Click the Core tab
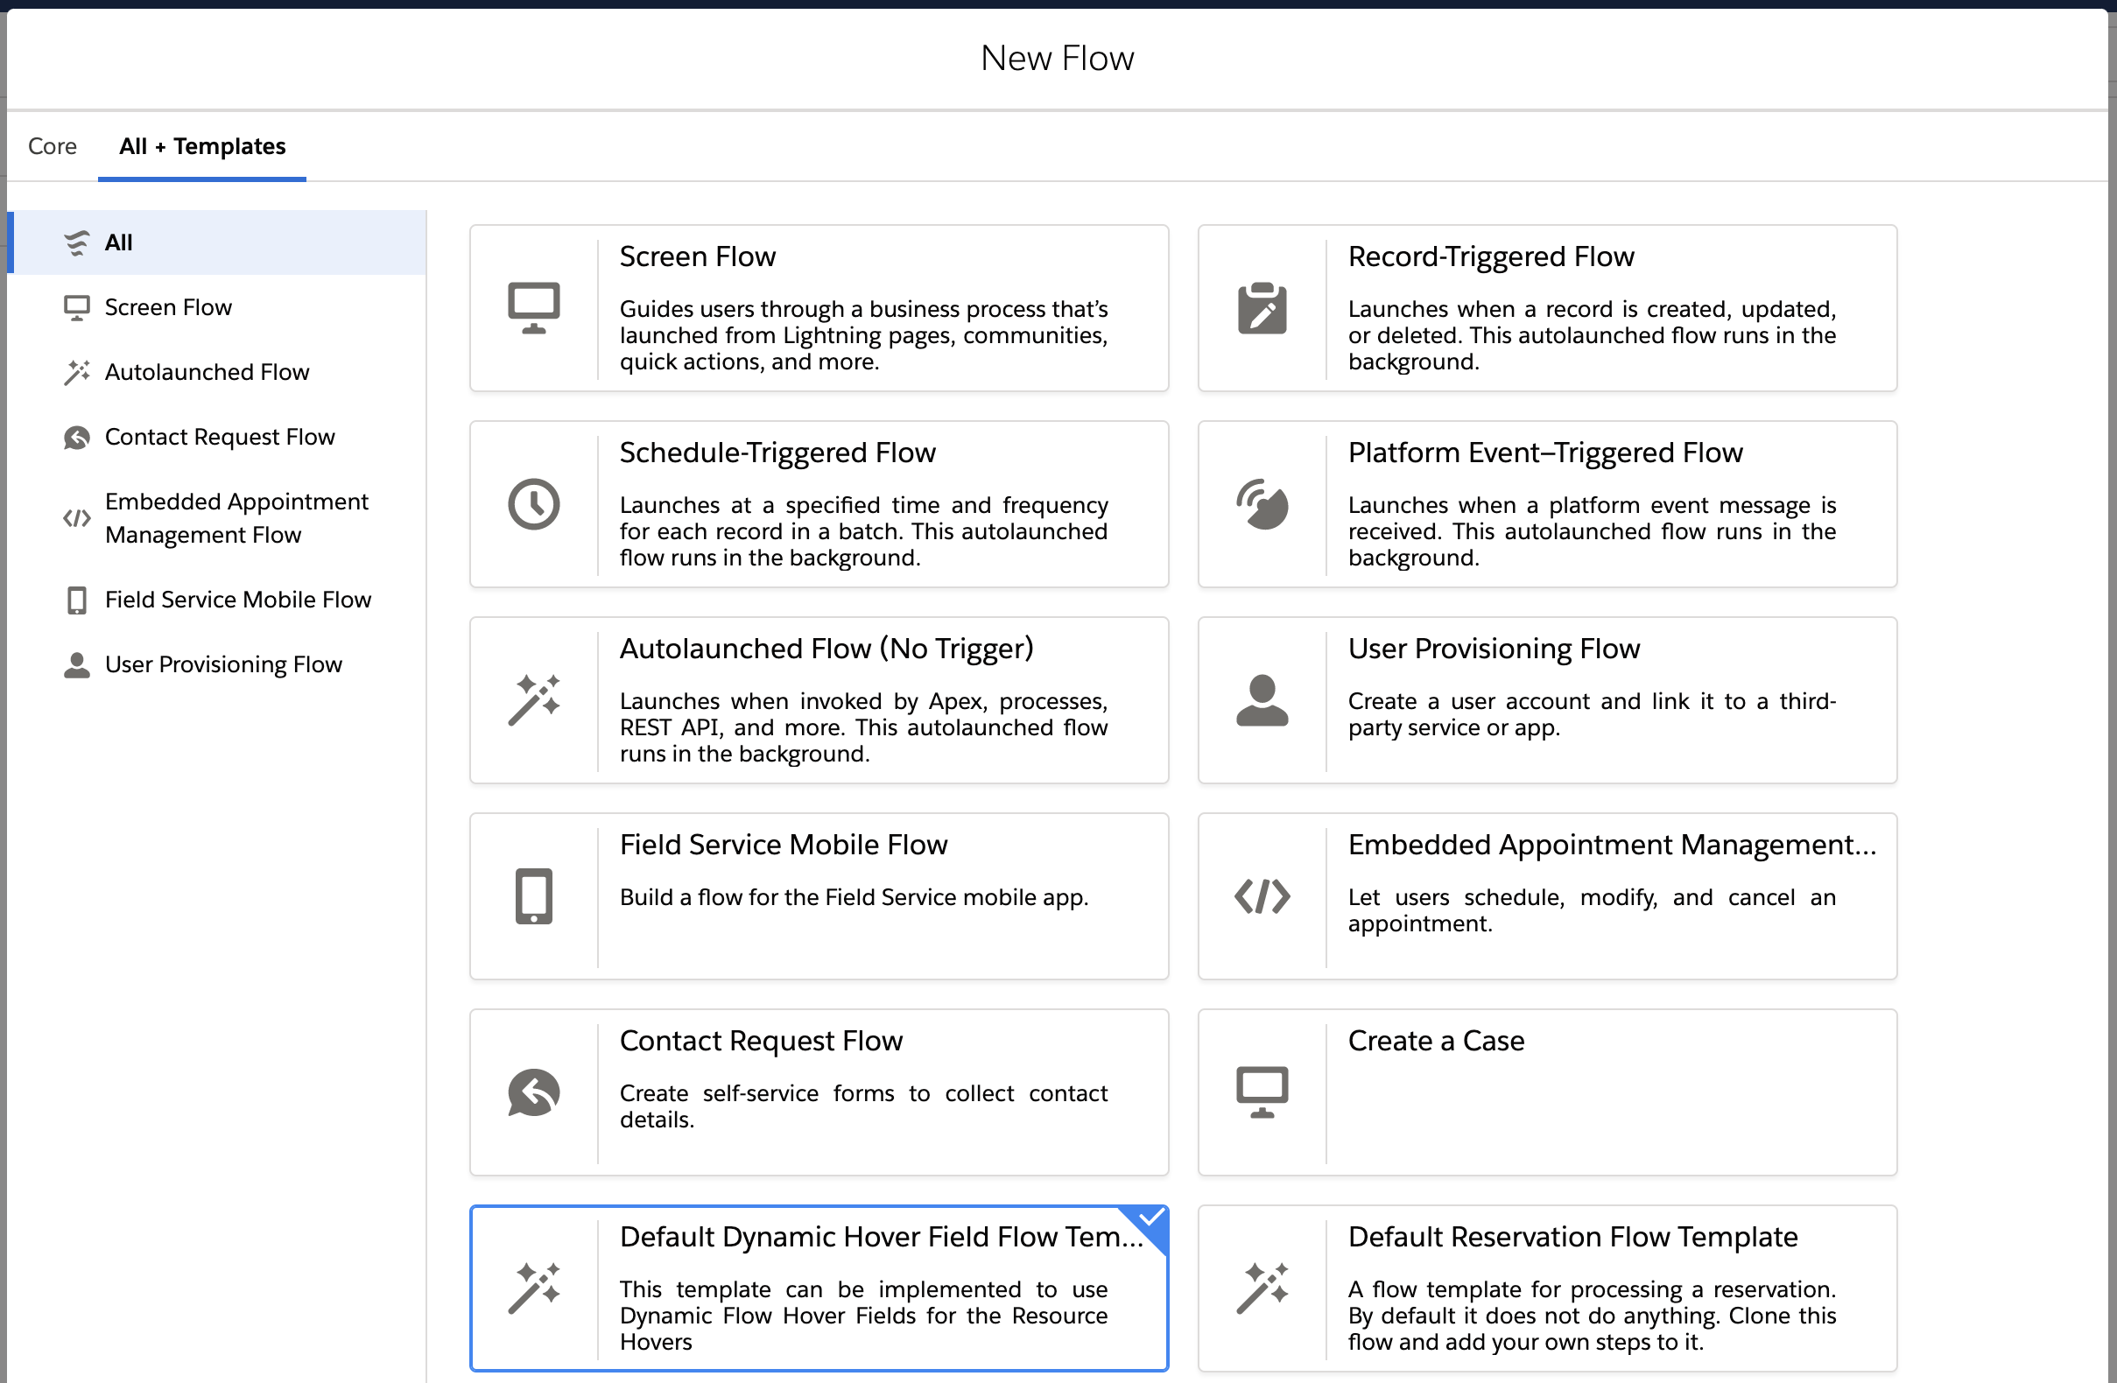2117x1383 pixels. tap(53, 146)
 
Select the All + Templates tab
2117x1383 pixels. tap(203, 146)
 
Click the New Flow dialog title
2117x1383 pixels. tap(1057, 59)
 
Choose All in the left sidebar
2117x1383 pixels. tap(118, 242)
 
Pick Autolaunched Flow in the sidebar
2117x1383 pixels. tap(207, 372)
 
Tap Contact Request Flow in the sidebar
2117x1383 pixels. tap(220, 437)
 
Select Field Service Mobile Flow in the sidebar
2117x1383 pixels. tap(238, 600)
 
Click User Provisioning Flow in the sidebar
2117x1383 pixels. tap(223, 664)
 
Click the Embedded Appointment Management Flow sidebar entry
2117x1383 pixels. tap(236, 517)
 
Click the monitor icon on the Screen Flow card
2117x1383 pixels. tap(534, 308)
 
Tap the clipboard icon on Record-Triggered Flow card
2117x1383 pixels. tap(1262, 308)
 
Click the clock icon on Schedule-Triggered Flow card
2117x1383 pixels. tap(534, 504)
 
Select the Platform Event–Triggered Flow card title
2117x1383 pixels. tap(1545, 453)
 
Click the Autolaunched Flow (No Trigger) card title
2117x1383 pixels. tap(826, 649)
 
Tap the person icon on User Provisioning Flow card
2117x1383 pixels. tap(1262, 701)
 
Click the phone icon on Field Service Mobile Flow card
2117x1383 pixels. tap(534, 896)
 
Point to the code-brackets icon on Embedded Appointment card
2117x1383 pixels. tap(1262, 896)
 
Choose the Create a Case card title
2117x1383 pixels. tap(1436, 1041)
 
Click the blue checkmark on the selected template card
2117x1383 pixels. tap(1151, 1218)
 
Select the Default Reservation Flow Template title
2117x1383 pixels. tap(1572, 1237)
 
